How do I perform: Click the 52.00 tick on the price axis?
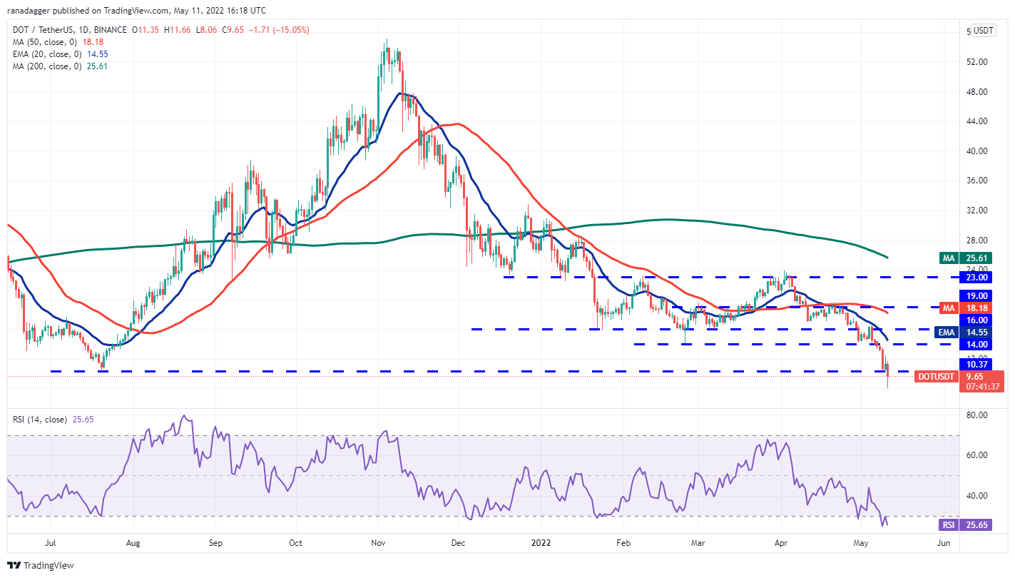(976, 62)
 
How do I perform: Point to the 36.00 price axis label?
(976, 181)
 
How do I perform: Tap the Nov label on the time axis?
(379, 543)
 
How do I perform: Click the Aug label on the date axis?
(133, 543)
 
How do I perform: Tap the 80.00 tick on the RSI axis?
(976, 415)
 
